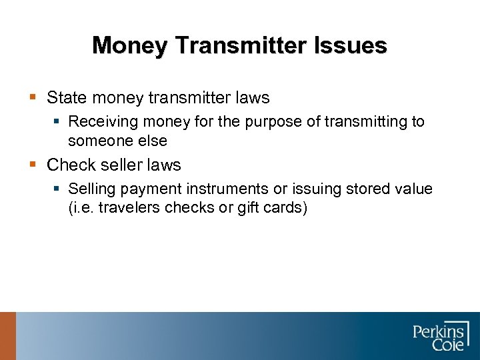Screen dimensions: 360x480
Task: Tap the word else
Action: (x=153, y=141)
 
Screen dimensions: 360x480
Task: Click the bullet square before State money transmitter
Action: (x=33, y=98)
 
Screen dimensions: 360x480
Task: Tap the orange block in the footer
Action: (x=7, y=336)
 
